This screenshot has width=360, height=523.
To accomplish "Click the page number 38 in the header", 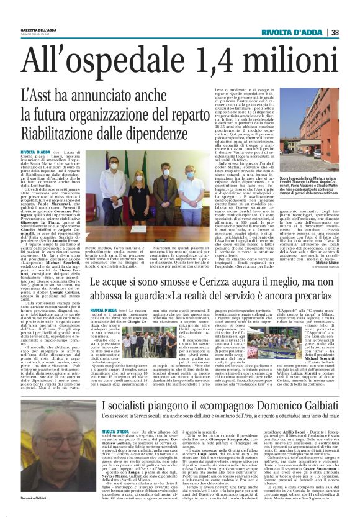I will (x=351, y=32).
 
